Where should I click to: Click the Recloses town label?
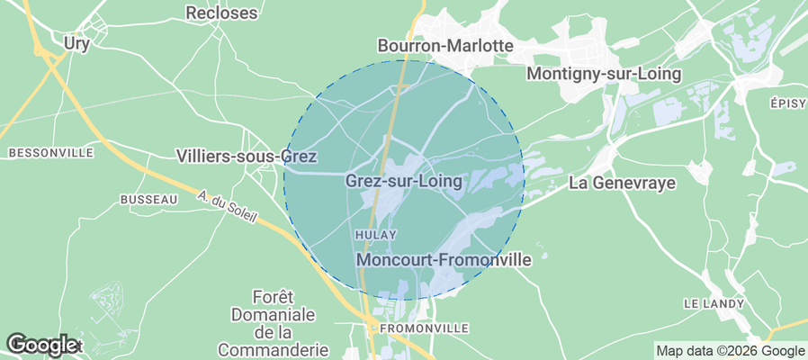click(x=221, y=13)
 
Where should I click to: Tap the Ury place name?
click(x=76, y=42)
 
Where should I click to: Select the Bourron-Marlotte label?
click(x=444, y=45)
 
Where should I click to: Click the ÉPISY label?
click(x=787, y=103)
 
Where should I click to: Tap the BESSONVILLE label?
click(x=50, y=153)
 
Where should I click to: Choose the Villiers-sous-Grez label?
click(x=247, y=157)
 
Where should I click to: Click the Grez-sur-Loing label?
click(x=403, y=181)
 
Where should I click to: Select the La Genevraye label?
click(x=623, y=183)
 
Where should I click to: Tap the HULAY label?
click(x=376, y=235)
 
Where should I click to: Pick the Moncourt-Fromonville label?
click(x=444, y=259)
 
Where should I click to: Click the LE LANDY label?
click(x=714, y=303)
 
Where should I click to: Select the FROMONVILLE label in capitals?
click(x=424, y=328)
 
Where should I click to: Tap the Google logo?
click(x=41, y=344)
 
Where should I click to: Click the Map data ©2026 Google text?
click(x=730, y=351)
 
